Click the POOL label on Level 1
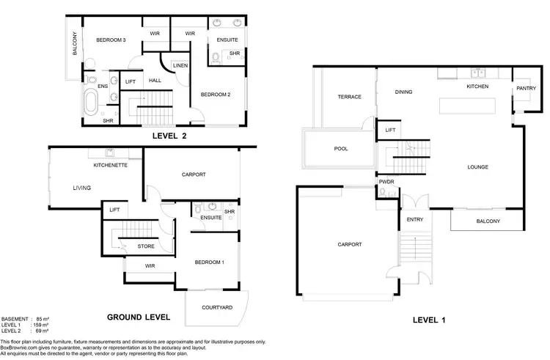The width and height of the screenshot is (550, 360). pyautogui.click(x=342, y=149)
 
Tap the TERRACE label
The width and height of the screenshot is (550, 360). pyautogui.click(x=349, y=97)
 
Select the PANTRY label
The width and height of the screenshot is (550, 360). pyautogui.click(x=526, y=89)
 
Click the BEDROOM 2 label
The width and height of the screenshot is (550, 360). pyautogui.click(x=216, y=94)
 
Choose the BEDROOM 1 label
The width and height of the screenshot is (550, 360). pyautogui.click(x=209, y=262)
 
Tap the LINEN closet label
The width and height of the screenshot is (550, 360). pyautogui.click(x=180, y=66)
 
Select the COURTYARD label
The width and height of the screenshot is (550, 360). pyautogui.click(x=217, y=308)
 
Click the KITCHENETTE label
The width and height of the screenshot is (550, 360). pyautogui.click(x=111, y=166)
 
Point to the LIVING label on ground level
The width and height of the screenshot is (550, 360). pyautogui.click(x=82, y=188)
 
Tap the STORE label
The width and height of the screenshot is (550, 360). pyautogui.click(x=146, y=247)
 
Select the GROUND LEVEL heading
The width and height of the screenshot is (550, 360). pyautogui.click(x=139, y=317)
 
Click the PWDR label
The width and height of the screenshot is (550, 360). pyautogui.click(x=386, y=181)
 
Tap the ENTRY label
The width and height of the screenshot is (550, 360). pyautogui.click(x=414, y=219)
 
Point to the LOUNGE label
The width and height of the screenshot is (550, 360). pyautogui.click(x=477, y=167)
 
